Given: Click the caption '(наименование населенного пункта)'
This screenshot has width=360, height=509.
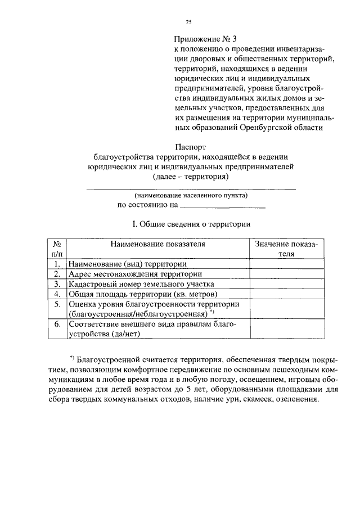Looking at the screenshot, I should [x=191, y=195].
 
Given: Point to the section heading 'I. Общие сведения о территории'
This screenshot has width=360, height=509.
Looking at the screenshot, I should [x=191, y=224].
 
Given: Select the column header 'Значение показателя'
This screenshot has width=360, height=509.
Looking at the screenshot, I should [x=286, y=249].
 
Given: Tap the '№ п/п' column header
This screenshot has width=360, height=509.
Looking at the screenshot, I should [x=57, y=249].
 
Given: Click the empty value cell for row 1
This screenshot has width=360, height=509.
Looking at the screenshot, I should [x=286, y=263].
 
